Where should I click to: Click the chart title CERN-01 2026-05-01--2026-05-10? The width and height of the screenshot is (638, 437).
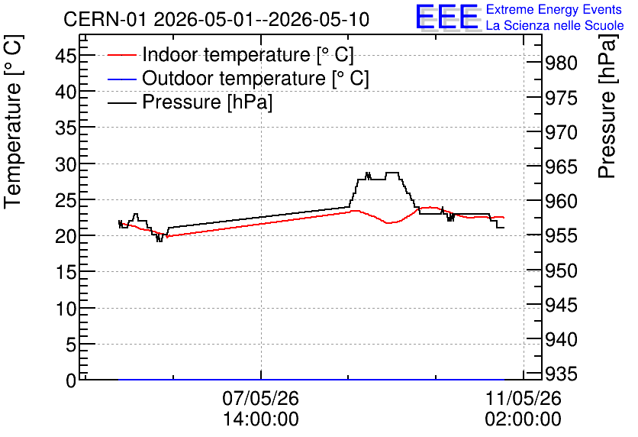216,19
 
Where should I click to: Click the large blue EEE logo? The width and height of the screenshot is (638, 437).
447,17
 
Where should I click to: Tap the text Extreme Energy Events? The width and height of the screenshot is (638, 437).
554,9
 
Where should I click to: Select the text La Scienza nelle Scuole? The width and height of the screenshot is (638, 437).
555,25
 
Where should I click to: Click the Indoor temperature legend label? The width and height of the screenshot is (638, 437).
248,54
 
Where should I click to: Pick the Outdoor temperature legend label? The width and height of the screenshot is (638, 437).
256,78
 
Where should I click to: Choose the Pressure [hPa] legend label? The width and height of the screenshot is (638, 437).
207,102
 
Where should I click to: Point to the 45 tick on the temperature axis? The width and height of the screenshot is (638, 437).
66,55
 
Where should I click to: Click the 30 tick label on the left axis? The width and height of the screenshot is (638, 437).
66,163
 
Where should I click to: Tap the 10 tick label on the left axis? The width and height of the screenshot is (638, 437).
66,309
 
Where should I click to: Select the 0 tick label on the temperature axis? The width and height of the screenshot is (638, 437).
71,380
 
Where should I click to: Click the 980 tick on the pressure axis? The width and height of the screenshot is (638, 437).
561,63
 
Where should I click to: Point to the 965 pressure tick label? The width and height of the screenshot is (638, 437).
561,167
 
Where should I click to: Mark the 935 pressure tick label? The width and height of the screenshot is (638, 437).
561,374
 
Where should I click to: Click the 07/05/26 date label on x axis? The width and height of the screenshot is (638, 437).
261,398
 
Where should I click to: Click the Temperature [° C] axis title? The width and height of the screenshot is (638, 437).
13,122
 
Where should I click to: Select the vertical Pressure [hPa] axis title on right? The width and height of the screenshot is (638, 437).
607,107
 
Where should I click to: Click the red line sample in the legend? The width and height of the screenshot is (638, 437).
121,55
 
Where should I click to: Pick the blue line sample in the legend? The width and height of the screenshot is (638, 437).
121,79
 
